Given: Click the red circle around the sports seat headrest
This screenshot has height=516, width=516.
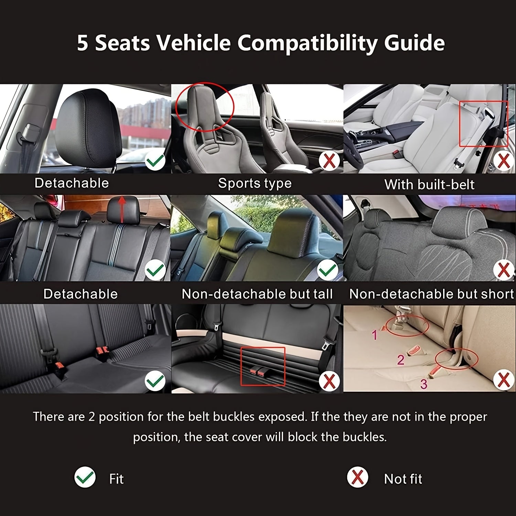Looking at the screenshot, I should (204, 107).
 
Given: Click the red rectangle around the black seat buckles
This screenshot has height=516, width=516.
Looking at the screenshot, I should (263, 366).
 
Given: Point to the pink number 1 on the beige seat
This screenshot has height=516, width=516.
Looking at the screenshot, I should (375, 334).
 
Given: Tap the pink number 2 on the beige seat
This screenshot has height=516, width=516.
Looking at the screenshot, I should (401, 359).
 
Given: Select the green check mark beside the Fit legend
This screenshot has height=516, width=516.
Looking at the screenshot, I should (85, 477).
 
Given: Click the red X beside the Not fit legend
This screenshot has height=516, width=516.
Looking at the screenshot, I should (357, 477).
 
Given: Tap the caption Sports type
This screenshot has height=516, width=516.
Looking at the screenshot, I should (255, 183).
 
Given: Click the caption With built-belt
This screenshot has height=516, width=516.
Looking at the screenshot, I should (429, 185).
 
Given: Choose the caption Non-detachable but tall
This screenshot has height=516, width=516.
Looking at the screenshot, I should (257, 294).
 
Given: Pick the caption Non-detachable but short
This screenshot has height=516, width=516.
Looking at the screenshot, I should (431, 294).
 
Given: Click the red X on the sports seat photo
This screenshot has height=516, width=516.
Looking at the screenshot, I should (329, 161).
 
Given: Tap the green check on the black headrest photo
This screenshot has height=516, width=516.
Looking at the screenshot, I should (155, 161).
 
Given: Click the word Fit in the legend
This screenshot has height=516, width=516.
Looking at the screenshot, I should (116, 479).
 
